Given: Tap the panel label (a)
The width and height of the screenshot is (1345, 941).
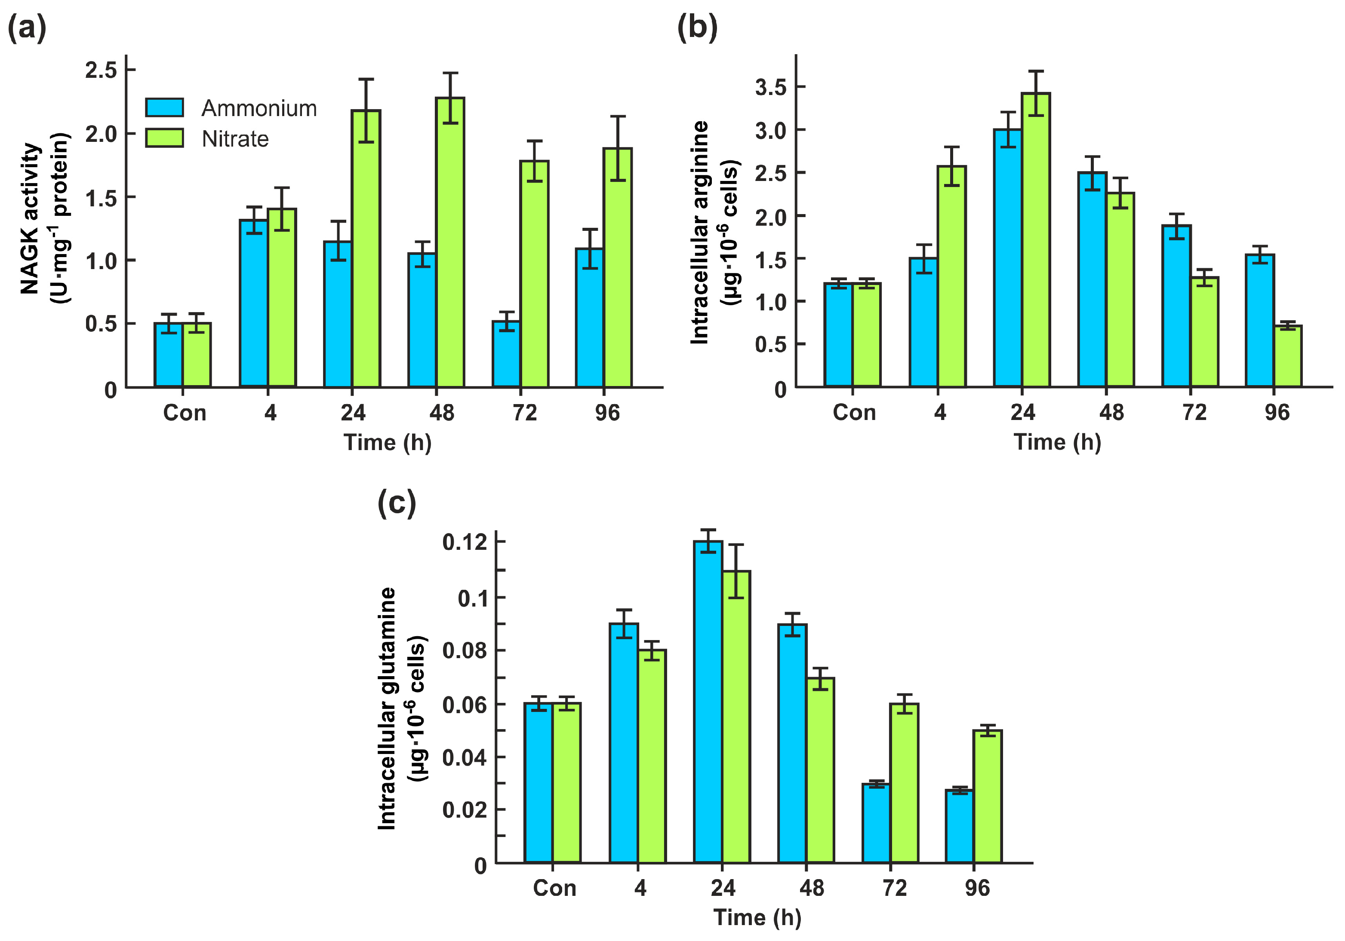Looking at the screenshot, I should coord(27,28).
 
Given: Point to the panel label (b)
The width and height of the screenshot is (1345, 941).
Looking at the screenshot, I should coord(697,28).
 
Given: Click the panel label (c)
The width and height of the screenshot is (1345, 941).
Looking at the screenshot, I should coord(397,503).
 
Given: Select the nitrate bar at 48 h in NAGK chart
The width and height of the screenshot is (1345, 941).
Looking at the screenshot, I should coord(450,243).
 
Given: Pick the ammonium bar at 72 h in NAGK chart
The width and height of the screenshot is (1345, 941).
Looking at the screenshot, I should coord(506,354).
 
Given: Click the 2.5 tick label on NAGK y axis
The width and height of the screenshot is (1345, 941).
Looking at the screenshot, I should coord(102,70).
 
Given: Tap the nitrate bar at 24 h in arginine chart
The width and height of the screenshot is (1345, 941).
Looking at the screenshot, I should coord(1036,240).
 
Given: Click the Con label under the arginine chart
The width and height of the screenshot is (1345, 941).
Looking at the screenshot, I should coord(854,413).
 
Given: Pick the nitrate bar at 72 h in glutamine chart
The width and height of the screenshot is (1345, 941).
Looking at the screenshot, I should coord(905,783).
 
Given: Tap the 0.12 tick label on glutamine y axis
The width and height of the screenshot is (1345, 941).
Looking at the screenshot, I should coord(465,542).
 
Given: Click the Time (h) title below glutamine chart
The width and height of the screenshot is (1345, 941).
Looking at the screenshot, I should coord(757,917).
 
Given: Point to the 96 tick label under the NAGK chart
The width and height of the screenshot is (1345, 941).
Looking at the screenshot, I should coord(607,413).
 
